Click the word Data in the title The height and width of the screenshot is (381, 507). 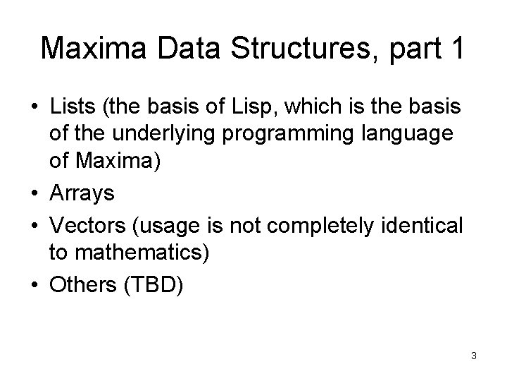173,48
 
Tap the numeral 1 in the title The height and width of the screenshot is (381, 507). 454,48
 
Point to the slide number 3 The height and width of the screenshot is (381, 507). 474,356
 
